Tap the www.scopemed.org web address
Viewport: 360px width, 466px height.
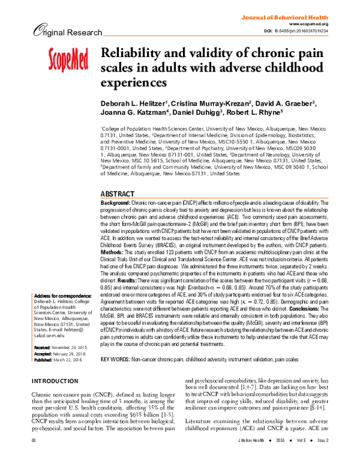(x=319, y=24)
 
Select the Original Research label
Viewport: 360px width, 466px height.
(x=51, y=31)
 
